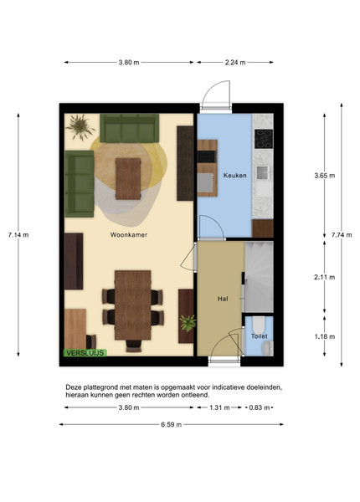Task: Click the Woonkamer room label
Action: pos(129,234)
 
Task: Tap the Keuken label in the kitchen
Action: pos(234,176)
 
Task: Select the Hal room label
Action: pos(223,299)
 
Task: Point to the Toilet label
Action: pos(259,336)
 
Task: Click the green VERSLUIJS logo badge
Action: pos(85,353)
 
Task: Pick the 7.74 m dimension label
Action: pos(342,234)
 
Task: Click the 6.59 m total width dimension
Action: pos(172,424)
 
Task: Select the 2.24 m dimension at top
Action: pos(235,63)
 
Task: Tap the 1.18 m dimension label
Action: pos(325,336)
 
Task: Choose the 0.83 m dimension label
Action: pos(260,407)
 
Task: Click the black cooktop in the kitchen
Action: pos(264,139)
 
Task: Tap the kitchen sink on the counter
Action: pos(263,173)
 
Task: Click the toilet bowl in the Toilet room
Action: pos(259,325)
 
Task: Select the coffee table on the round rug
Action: pos(128,179)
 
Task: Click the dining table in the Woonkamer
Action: pos(133,305)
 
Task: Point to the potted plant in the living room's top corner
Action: pos(80,127)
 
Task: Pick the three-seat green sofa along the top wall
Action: pos(130,128)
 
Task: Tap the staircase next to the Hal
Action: pos(259,277)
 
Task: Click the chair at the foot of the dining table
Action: pos(134,346)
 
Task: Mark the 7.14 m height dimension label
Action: pos(18,234)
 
